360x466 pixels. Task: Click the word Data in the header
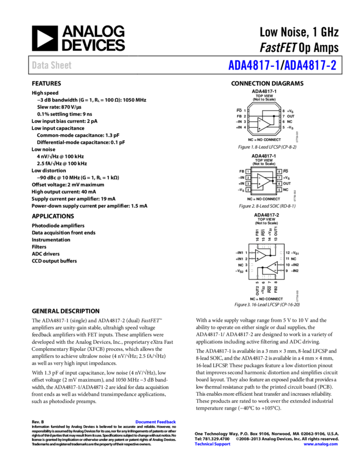click(39, 65)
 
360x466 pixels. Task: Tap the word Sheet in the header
click(61, 65)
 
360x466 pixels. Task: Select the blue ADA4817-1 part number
click(254, 66)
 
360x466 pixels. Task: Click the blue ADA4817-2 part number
click(310, 66)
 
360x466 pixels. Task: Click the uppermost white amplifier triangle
click(263, 125)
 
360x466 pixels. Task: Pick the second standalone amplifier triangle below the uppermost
click(263, 181)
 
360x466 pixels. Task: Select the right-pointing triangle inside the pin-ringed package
click(260, 255)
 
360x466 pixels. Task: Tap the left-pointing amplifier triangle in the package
click(272, 268)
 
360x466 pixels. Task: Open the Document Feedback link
click(156, 422)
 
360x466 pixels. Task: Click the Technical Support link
click(213, 444)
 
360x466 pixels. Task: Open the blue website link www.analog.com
click(321, 444)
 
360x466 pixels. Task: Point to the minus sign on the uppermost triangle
click(259, 121)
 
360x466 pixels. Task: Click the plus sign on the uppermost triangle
click(259, 129)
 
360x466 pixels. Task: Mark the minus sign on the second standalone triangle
click(259, 177)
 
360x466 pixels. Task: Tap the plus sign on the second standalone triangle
click(259, 185)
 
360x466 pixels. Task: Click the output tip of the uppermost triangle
click(269, 125)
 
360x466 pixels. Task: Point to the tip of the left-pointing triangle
click(268, 268)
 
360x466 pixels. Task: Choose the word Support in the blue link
click(222, 444)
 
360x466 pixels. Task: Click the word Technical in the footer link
click(204, 444)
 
